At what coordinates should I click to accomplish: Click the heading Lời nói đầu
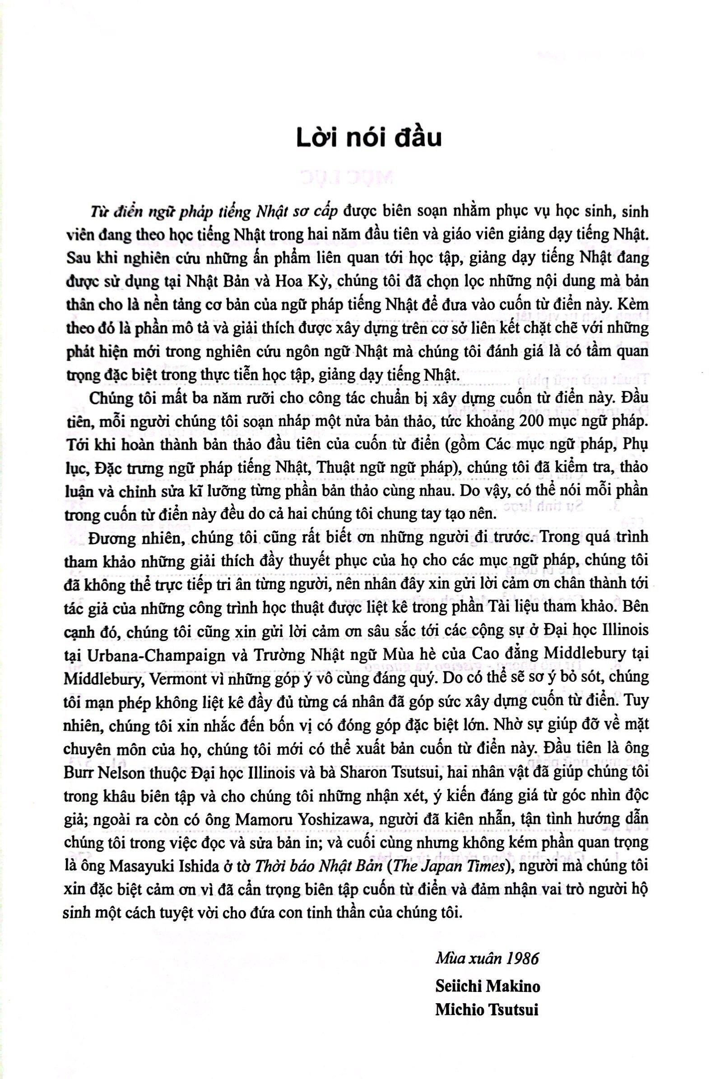pyautogui.click(x=368, y=138)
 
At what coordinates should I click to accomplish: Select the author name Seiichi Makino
pyautogui.click(x=487, y=983)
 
